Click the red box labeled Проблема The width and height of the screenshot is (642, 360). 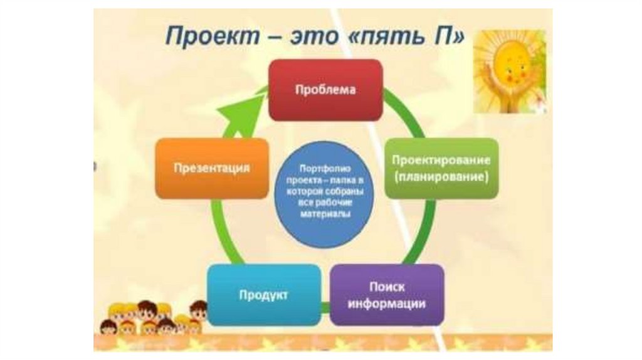tap(325, 90)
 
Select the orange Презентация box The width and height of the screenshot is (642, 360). tap(212, 168)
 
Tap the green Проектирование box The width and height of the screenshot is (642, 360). tap(441, 168)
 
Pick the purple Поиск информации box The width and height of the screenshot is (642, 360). tap(387, 295)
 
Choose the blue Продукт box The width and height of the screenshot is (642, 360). tap(263, 295)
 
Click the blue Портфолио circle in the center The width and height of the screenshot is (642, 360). tap(325, 193)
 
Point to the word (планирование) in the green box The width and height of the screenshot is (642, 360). tap(441, 177)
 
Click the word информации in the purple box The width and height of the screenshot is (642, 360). tap(387, 304)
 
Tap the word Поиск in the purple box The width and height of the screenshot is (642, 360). tap(387, 287)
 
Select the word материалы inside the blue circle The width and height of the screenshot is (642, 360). tap(325, 214)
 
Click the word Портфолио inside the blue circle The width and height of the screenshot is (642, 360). tap(325, 169)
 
